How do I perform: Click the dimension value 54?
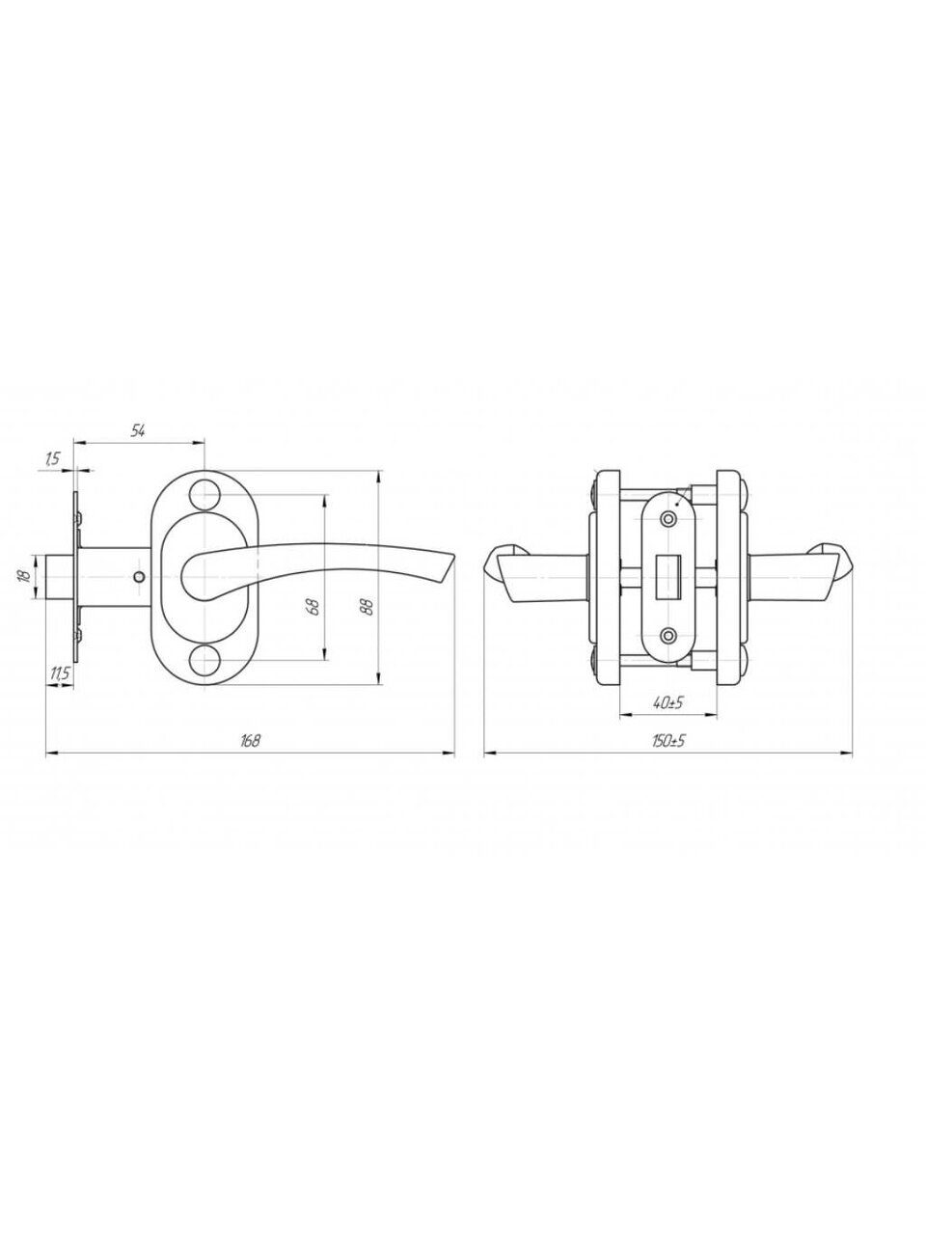tap(138, 431)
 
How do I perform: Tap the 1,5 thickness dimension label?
tap(51, 458)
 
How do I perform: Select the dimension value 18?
tap(23, 577)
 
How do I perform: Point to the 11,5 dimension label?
tap(59, 674)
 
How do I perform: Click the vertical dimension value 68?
tap(315, 606)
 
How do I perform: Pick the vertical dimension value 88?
tap(368, 606)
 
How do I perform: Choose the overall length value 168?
tap(250, 740)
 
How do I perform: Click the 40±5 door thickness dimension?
tap(667, 702)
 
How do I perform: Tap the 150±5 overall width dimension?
tap(668, 740)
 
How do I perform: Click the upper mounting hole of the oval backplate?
tap(204, 495)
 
